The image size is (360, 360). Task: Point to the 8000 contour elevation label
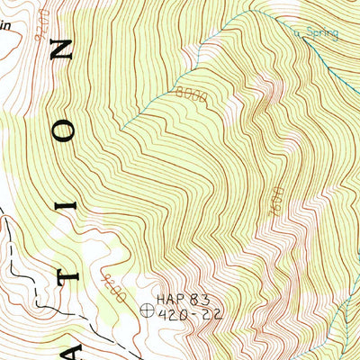pyautogui.click(x=192, y=94)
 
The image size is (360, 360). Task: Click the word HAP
pyautogui.click(x=168, y=297)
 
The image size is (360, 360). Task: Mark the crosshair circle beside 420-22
pyautogui.click(x=148, y=310)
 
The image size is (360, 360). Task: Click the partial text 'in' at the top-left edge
pyautogui.click(x=5, y=26)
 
